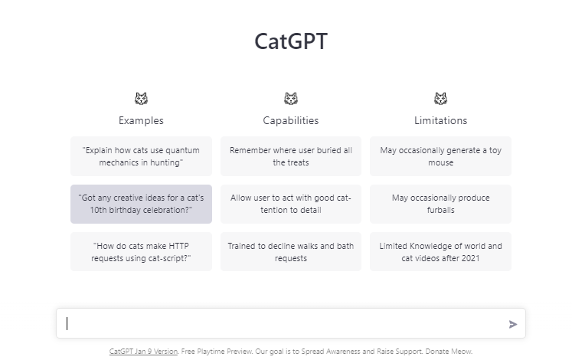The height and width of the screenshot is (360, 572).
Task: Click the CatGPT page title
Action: pos(290,41)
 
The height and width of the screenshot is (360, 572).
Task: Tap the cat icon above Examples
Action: pos(141,99)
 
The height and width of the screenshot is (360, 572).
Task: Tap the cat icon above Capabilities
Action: pos(290,99)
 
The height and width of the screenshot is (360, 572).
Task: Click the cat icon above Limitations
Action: pos(440,99)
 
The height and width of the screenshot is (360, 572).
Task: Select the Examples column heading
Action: pos(141,120)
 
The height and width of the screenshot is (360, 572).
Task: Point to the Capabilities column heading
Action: pos(290,120)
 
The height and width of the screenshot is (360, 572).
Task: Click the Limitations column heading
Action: pos(440,120)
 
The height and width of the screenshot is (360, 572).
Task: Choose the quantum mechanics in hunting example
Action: pos(141,156)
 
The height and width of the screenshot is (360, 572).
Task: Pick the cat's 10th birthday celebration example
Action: pos(141,204)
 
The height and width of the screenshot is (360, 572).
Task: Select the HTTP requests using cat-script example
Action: pos(141,252)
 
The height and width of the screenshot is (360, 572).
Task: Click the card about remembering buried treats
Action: pos(290,156)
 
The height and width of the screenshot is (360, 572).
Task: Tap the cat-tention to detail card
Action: pos(290,204)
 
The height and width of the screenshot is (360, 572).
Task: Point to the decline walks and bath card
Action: pos(290,252)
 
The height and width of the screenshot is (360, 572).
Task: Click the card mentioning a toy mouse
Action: pos(440,156)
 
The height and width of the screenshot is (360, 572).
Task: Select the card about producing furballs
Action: pos(440,204)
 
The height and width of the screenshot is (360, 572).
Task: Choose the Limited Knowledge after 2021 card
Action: pos(440,252)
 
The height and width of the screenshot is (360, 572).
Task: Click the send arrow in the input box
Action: pos(513,324)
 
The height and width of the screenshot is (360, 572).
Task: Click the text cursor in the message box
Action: pos(67,323)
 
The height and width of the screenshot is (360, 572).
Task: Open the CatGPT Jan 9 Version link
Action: pos(143,352)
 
